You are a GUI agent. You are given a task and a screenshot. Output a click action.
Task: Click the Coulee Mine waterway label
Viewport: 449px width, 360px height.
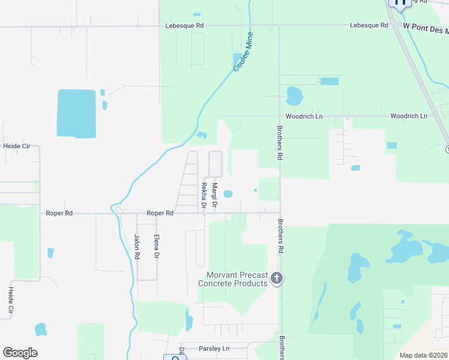[x=244, y=52]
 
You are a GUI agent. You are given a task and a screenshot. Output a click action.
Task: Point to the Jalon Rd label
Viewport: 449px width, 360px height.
[x=137, y=247]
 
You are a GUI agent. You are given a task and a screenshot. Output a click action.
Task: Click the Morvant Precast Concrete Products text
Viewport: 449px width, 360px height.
[x=233, y=279]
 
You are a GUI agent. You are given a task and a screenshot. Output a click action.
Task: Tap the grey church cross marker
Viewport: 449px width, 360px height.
[x=277, y=278]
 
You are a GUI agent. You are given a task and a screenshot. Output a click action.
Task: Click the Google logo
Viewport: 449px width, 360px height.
[x=20, y=352]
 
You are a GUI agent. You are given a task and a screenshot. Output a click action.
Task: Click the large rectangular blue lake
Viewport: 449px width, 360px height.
[x=76, y=113]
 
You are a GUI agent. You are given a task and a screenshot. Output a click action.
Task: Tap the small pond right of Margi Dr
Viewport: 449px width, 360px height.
[x=228, y=194]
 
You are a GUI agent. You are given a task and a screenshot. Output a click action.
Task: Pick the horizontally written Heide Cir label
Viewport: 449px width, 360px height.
[x=16, y=146]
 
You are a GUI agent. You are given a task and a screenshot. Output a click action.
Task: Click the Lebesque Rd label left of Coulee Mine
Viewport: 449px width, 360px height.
[x=185, y=26]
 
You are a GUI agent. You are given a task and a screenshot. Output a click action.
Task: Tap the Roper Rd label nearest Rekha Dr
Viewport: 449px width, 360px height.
[x=160, y=213]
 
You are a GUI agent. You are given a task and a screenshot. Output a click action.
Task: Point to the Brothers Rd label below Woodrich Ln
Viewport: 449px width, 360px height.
[x=279, y=142]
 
